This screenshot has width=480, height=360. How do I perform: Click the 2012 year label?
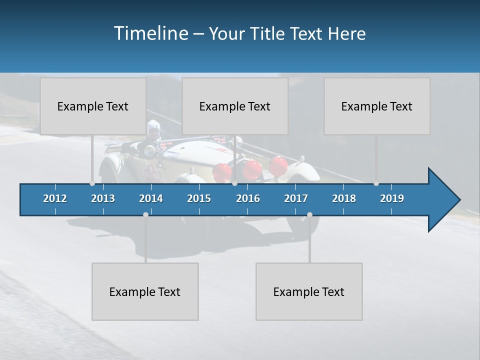click(55, 198)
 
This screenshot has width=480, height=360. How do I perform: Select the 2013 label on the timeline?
click(103, 198)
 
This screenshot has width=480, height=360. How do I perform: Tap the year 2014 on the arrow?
click(151, 198)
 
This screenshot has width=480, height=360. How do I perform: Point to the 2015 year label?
click(199, 198)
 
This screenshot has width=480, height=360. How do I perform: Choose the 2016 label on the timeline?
click(248, 198)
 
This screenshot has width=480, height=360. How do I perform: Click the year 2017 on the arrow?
click(296, 198)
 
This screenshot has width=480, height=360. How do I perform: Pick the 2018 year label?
click(344, 198)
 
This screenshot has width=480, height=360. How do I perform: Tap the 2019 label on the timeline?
click(392, 198)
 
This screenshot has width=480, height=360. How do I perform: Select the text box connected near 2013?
click(93, 106)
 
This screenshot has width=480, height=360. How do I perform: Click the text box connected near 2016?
click(235, 106)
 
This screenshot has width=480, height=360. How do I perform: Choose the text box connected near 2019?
click(377, 106)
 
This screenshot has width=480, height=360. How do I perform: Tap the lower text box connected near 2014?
click(145, 291)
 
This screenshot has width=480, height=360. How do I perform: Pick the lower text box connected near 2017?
click(309, 291)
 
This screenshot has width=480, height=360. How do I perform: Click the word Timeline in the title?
click(150, 33)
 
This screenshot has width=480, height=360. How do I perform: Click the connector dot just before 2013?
click(92, 183)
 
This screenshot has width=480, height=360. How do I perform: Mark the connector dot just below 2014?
click(145, 214)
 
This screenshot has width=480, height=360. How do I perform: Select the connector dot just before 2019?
click(376, 183)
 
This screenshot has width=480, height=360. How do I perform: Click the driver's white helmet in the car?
click(152, 125)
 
